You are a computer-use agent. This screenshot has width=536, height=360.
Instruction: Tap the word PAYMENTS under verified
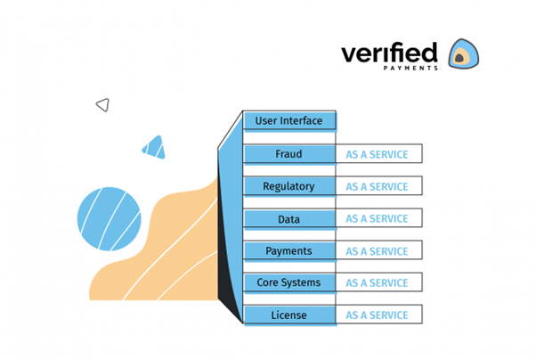(x=410, y=69)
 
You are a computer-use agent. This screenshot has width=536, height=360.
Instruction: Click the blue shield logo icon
(x=462, y=54)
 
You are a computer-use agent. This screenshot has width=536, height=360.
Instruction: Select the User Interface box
(x=288, y=120)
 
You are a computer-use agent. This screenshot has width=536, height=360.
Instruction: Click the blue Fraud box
(x=288, y=154)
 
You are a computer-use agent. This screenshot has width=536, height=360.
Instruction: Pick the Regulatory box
(x=288, y=186)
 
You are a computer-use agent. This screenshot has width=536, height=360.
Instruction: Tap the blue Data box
(x=288, y=218)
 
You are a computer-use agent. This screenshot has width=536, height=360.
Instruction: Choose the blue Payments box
(x=288, y=250)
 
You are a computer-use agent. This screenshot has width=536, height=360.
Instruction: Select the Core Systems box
(x=288, y=282)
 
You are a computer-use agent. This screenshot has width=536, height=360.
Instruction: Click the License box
(x=288, y=315)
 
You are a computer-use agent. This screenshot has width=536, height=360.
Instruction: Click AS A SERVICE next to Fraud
(x=378, y=154)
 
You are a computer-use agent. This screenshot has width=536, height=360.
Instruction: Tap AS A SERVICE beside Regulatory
(x=378, y=186)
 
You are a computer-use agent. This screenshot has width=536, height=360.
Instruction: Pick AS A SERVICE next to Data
(x=378, y=218)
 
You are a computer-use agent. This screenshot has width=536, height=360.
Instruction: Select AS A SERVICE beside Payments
(x=378, y=250)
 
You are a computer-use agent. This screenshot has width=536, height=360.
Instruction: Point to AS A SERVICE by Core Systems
(x=378, y=282)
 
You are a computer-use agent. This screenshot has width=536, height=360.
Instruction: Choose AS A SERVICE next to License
(x=378, y=315)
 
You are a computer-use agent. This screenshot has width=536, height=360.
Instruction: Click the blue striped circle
(x=109, y=219)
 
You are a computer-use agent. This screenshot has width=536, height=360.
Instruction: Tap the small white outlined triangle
(x=102, y=105)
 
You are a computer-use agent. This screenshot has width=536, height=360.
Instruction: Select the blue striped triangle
(x=154, y=148)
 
